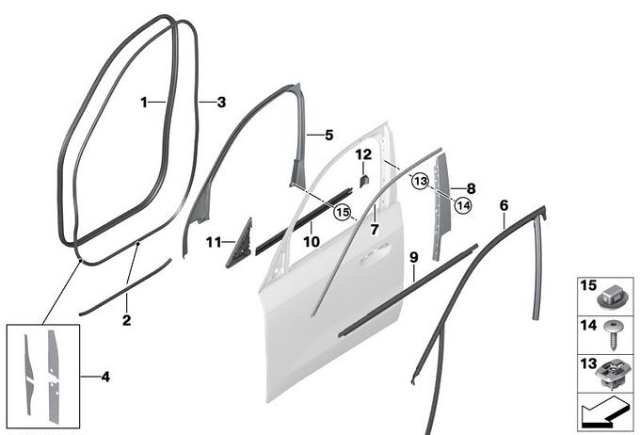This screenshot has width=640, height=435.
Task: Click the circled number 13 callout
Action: [421, 181]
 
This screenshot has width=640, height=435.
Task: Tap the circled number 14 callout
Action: [463, 205]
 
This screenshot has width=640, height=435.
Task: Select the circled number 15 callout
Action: [342, 212]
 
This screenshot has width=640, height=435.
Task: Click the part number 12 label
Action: [363, 154]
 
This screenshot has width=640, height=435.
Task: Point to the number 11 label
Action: [214, 243]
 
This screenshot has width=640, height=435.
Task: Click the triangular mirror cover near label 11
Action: [240, 244]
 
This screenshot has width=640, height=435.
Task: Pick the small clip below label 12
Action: [364, 180]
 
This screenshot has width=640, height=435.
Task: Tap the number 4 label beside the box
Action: [105, 377]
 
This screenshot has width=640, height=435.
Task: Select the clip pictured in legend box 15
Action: [610, 299]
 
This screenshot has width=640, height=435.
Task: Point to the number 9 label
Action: [414, 258]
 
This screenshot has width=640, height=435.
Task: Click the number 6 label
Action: [504, 205]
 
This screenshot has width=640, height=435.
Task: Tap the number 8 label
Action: [471, 188]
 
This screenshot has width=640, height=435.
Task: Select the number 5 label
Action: [329, 136]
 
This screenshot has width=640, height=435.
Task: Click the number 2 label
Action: [126, 320]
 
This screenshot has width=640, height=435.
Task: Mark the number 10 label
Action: [312, 242]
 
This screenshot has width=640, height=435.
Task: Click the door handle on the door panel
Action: [375, 255]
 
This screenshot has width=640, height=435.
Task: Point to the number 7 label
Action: [375, 230]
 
